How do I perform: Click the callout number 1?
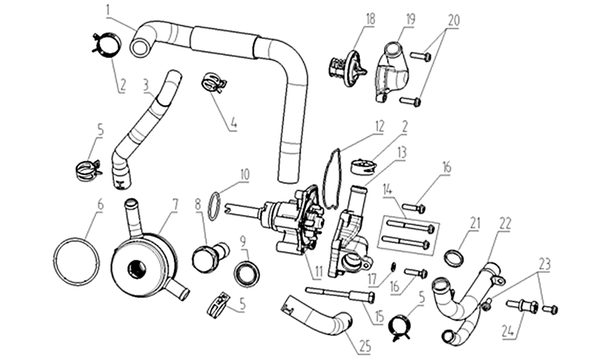(108, 10)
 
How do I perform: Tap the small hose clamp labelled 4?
(213, 82)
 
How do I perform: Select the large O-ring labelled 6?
(76, 262)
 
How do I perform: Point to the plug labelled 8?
(210, 256)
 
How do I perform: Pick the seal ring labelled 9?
(247, 273)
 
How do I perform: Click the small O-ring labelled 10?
(214, 205)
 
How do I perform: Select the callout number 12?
(379, 127)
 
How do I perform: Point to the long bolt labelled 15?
(340, 295)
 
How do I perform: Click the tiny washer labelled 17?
(393, 267)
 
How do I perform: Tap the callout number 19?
(410, 19)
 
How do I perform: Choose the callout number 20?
(454, 20)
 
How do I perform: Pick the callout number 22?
(505, 223)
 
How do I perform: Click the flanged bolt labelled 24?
(522, 306)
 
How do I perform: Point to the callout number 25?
(365, 346)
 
